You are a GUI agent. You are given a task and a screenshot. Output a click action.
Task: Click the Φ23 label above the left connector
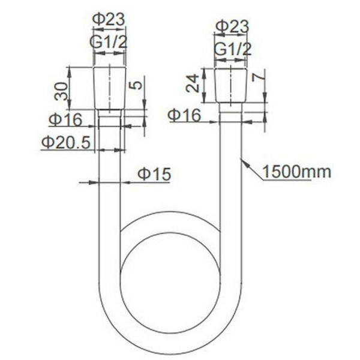pyautogui.click(x=109, y=19)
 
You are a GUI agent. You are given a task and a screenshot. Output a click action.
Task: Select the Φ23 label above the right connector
pyautogui.click(x=231, y=26)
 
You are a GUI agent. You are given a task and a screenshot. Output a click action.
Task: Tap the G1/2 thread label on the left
pyautogui.click(x=109, y=43)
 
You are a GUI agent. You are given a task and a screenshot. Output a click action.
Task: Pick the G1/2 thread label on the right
pyautogui.click(x=232, y=49)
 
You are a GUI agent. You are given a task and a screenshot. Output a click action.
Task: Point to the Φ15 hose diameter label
pyautogui.click(x=154, y=174)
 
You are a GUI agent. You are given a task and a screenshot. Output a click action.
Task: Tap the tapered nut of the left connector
pyautogui.click(x=110, y=88)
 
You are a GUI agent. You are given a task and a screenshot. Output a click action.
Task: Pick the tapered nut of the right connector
pyautogui.click(x=231, y=85)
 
